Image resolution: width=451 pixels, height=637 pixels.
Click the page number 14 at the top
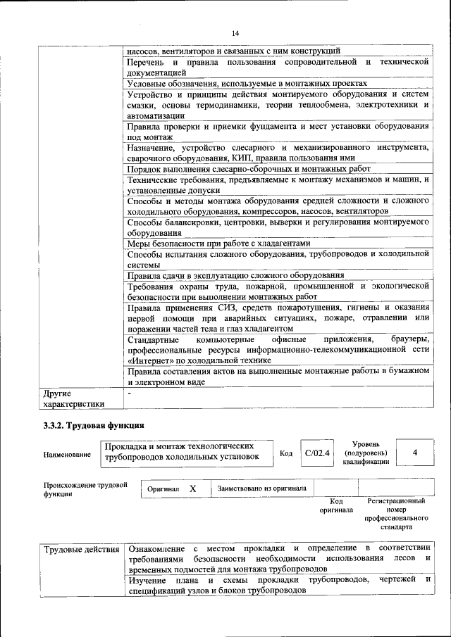(x=235, y=33)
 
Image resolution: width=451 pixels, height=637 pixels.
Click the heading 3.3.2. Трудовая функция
(x=94, y=425)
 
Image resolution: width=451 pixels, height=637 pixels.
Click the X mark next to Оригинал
(x=192, y=488)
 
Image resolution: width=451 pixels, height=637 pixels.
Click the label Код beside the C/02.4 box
(x=285, y=453)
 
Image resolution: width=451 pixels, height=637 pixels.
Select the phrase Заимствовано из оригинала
(x=261, y=488)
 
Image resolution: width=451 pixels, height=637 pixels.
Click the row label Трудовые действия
(x=82, y=548)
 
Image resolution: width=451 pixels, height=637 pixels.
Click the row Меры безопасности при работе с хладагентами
(x=218, y=244)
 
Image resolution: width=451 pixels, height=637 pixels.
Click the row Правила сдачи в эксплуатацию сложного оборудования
(x=235, y=275)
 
